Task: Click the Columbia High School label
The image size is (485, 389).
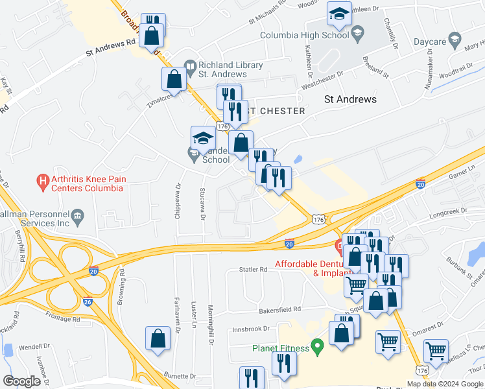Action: pos(302,35)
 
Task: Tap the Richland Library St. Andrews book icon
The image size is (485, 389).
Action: pos(190,65)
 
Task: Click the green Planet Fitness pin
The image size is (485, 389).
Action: pos(317,348)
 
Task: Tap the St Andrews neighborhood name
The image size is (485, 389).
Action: pos(350,99)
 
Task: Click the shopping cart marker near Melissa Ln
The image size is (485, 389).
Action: pos(436,351)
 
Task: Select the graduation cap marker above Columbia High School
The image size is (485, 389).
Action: pos(338,13)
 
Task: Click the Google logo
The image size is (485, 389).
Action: pos(21,381)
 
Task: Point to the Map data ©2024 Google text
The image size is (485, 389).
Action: pos(445,384)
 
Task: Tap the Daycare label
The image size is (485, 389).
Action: pos(430,41)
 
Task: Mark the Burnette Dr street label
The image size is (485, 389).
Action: pos(180,376)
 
